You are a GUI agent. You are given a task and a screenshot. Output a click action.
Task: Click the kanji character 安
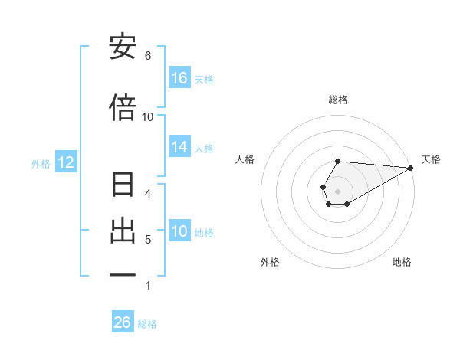pos(123,47)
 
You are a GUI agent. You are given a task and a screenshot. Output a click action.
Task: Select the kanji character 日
pos(123,186)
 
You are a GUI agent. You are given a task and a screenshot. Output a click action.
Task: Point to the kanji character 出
pos(123,231)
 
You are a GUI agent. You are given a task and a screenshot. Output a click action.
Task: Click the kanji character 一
pos(123,274)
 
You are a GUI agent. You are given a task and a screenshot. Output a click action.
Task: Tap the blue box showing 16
pos(179,78)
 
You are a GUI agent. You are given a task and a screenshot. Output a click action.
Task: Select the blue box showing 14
pos(179,148)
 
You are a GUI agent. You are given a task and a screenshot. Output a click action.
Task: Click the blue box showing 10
pos(179,232)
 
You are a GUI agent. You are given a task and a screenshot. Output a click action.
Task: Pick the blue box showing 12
pos(65,162)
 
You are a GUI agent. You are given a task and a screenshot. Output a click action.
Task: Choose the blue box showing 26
pos(123,322)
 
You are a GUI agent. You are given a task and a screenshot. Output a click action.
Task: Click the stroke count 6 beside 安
pos(148,55)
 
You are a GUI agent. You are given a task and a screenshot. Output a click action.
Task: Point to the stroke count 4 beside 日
pos(148,193)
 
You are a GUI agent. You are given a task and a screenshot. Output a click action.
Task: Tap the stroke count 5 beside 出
pos(148,240)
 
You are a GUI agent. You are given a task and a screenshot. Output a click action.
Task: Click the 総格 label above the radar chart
pos(338,100)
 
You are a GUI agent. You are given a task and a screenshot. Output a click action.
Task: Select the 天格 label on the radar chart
pos(431,159)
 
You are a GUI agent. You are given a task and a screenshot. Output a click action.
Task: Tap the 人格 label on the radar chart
pos(245,159)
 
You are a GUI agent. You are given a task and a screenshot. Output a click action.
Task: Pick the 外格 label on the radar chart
pos(270,262)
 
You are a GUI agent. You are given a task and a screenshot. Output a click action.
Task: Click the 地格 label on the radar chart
pos(402,262)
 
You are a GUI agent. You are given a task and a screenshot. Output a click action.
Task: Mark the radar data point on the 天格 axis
pos(411,167)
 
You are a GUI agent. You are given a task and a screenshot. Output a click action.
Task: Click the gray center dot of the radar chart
pos(338,190)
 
